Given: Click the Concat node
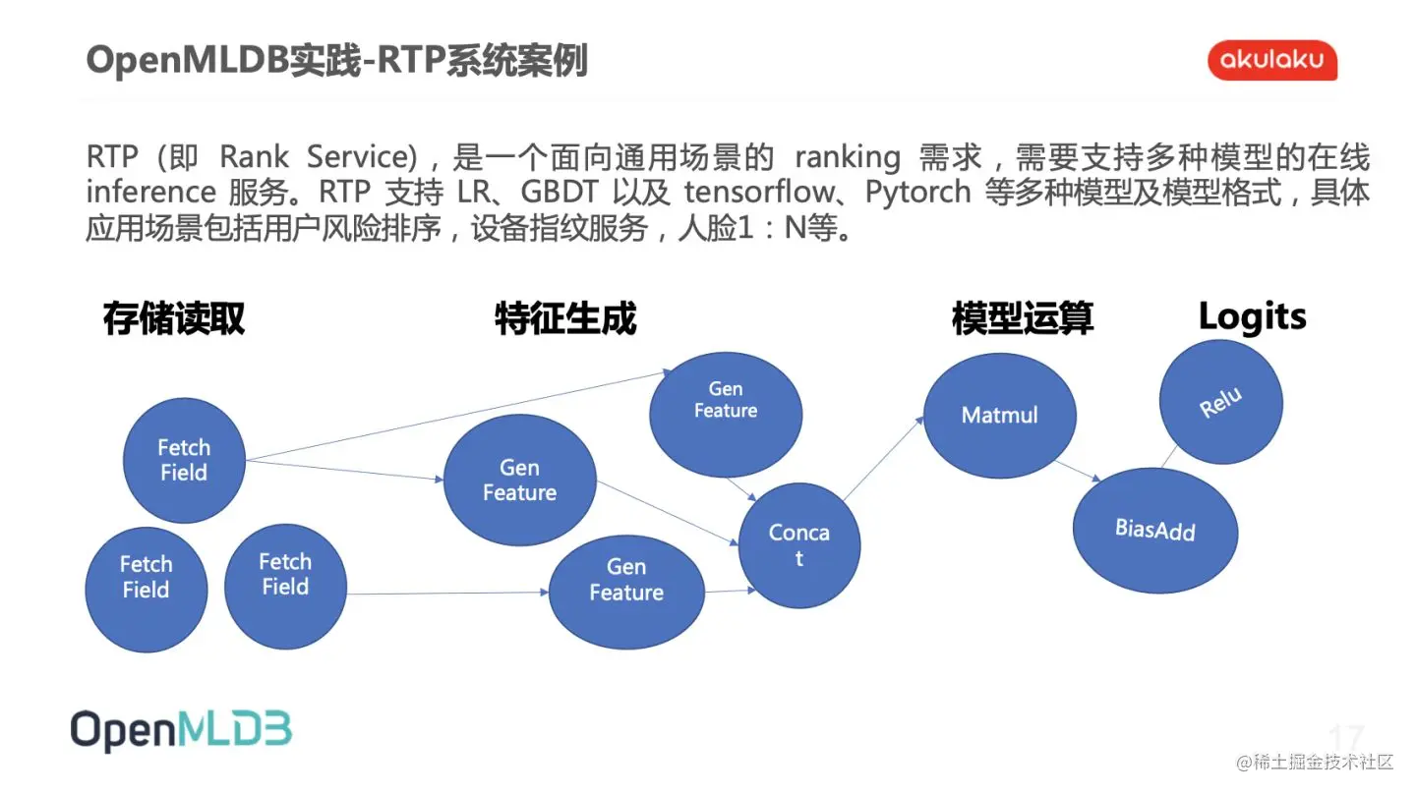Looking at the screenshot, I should click(x=798, y=545).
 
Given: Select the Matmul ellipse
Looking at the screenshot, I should click(x=999, y=415).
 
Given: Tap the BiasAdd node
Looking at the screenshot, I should click(x=1154, y=531).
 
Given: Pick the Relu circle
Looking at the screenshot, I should click(x=1220, y=402).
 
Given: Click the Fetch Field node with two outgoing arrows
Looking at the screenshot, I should click(x=184, y=460).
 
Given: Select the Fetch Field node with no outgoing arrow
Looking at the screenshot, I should click(x=146, y=577).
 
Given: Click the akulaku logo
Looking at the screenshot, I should click(x=1272, y=61).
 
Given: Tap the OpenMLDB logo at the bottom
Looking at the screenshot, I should click(x=181, y=730).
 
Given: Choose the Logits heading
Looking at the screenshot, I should click(x=1252, y=316).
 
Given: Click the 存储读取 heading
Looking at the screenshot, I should click(x=174, y=318).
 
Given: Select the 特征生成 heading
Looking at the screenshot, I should click(x=565, y=318).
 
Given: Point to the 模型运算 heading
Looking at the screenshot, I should click(x=1022, y=318).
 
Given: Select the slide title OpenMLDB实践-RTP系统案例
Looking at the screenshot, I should click(x=337, y=61).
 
